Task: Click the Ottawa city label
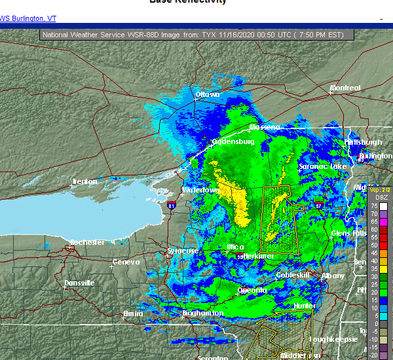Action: point(207,95)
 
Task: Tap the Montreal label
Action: point(345,88)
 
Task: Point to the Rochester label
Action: point(87,242)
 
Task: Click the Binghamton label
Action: point(202,314)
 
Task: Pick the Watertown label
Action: point(200,190)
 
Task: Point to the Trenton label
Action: point(84,181)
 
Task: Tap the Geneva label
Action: point(126,262)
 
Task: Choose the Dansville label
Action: point(79,283)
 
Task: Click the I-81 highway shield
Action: point(172,206)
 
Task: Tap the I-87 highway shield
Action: point(318,206)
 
